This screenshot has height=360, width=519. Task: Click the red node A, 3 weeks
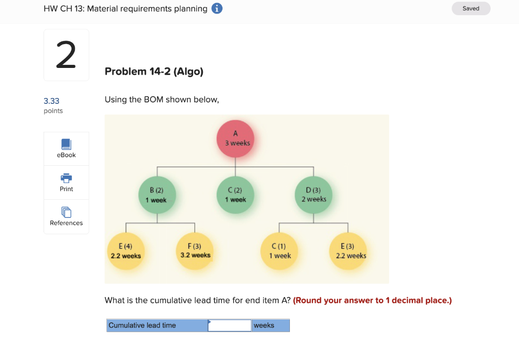tap(235, 138)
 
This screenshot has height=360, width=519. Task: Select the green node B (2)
tap(157, 195)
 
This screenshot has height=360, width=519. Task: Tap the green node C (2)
tap(235, 195)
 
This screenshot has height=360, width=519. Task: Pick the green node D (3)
tap(314, 195)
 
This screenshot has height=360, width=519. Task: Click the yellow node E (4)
tap(126, 251)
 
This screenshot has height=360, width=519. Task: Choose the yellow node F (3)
tap(195, 250)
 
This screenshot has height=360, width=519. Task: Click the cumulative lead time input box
tap(230, 326)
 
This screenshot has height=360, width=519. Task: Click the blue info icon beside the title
tap(217, 9)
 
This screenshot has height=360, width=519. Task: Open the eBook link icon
tap(66, 144)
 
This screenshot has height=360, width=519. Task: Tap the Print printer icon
tap(66, 178)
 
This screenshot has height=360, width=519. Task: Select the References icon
tap(66, 212)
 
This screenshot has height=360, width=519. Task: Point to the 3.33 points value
tap(51, 101)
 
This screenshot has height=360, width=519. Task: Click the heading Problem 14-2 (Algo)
tap(154, 71)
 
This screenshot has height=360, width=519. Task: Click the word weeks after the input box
tap(264, 326)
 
